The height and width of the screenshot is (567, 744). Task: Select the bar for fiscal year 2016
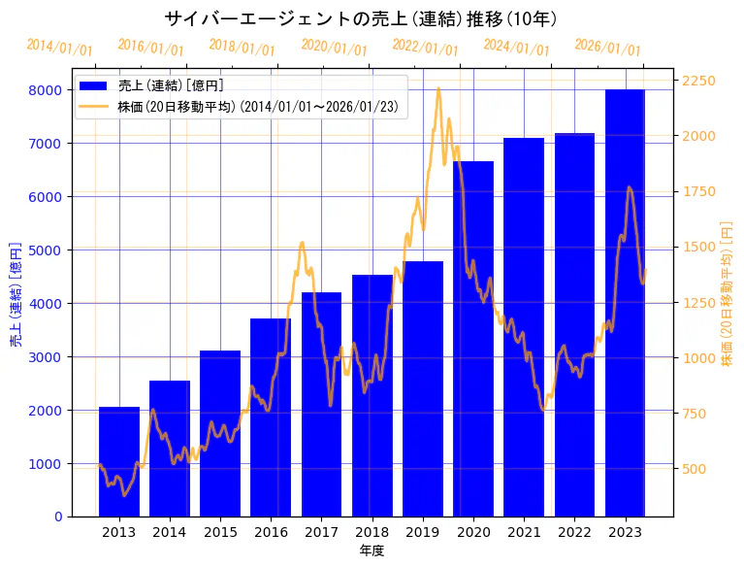point(271,417)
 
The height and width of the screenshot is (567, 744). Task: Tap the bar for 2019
point(423,388)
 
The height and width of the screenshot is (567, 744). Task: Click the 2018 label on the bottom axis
point(372,532)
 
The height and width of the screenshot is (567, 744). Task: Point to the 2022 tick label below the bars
point(574,532)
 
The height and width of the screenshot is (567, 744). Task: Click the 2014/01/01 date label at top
point(59,48)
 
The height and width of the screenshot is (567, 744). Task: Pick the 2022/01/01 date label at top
point(425,48)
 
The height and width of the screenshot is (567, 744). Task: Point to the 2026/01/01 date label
point(607,48)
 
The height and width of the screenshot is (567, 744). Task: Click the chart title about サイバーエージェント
point(360,19)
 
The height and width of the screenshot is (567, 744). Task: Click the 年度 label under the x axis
point(372,550)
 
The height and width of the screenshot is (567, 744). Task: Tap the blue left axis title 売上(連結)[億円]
point(16,294)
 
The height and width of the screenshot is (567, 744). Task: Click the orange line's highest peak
point(438,88)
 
